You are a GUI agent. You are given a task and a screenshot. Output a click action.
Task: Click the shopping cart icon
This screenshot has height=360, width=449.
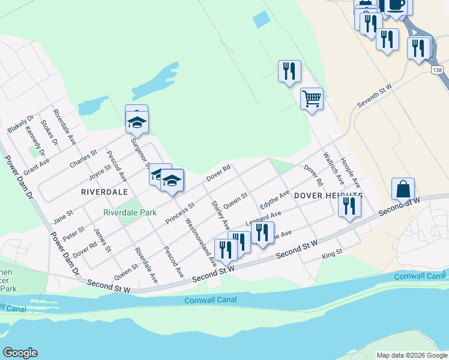[x=312, y=98]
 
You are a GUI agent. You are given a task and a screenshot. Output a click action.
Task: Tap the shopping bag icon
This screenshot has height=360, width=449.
[x=403, y=188]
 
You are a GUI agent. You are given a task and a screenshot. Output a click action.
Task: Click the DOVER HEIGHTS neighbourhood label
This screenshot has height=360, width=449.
[x=328, y=196]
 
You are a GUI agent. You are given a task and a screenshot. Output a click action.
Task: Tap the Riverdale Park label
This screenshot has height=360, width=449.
[x=130, y=212]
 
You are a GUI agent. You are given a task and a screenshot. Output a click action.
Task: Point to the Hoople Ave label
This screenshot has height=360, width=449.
[x=350, y=170]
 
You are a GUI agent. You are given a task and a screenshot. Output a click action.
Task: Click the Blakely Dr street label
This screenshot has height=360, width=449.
[x=17, y=122]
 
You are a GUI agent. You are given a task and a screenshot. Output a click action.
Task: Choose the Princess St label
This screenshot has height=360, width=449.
[x=180, y=213]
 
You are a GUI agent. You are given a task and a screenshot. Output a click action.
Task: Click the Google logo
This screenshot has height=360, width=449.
[x=20, y=353]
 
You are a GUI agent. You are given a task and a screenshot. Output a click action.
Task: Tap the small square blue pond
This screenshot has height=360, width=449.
[x=262, y=20]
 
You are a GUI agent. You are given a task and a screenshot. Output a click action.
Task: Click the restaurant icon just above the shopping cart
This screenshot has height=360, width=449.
[x=289, y=70]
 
